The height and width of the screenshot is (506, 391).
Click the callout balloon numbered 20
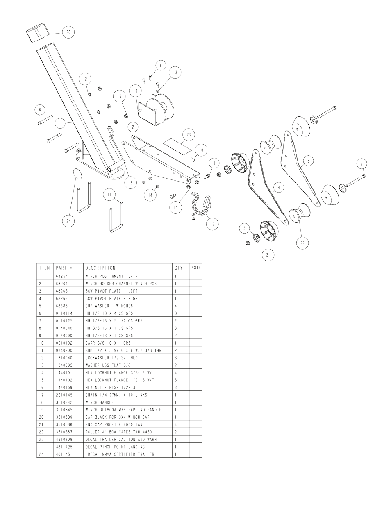68,32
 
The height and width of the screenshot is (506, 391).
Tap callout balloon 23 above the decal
188,134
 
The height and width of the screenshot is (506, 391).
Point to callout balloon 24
68,221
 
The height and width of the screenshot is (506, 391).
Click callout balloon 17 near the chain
212,224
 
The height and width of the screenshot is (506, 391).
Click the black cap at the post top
38,33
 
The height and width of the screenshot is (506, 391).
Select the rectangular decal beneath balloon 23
177,145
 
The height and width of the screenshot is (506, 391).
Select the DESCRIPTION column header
100,268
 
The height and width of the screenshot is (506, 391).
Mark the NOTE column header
196,268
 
